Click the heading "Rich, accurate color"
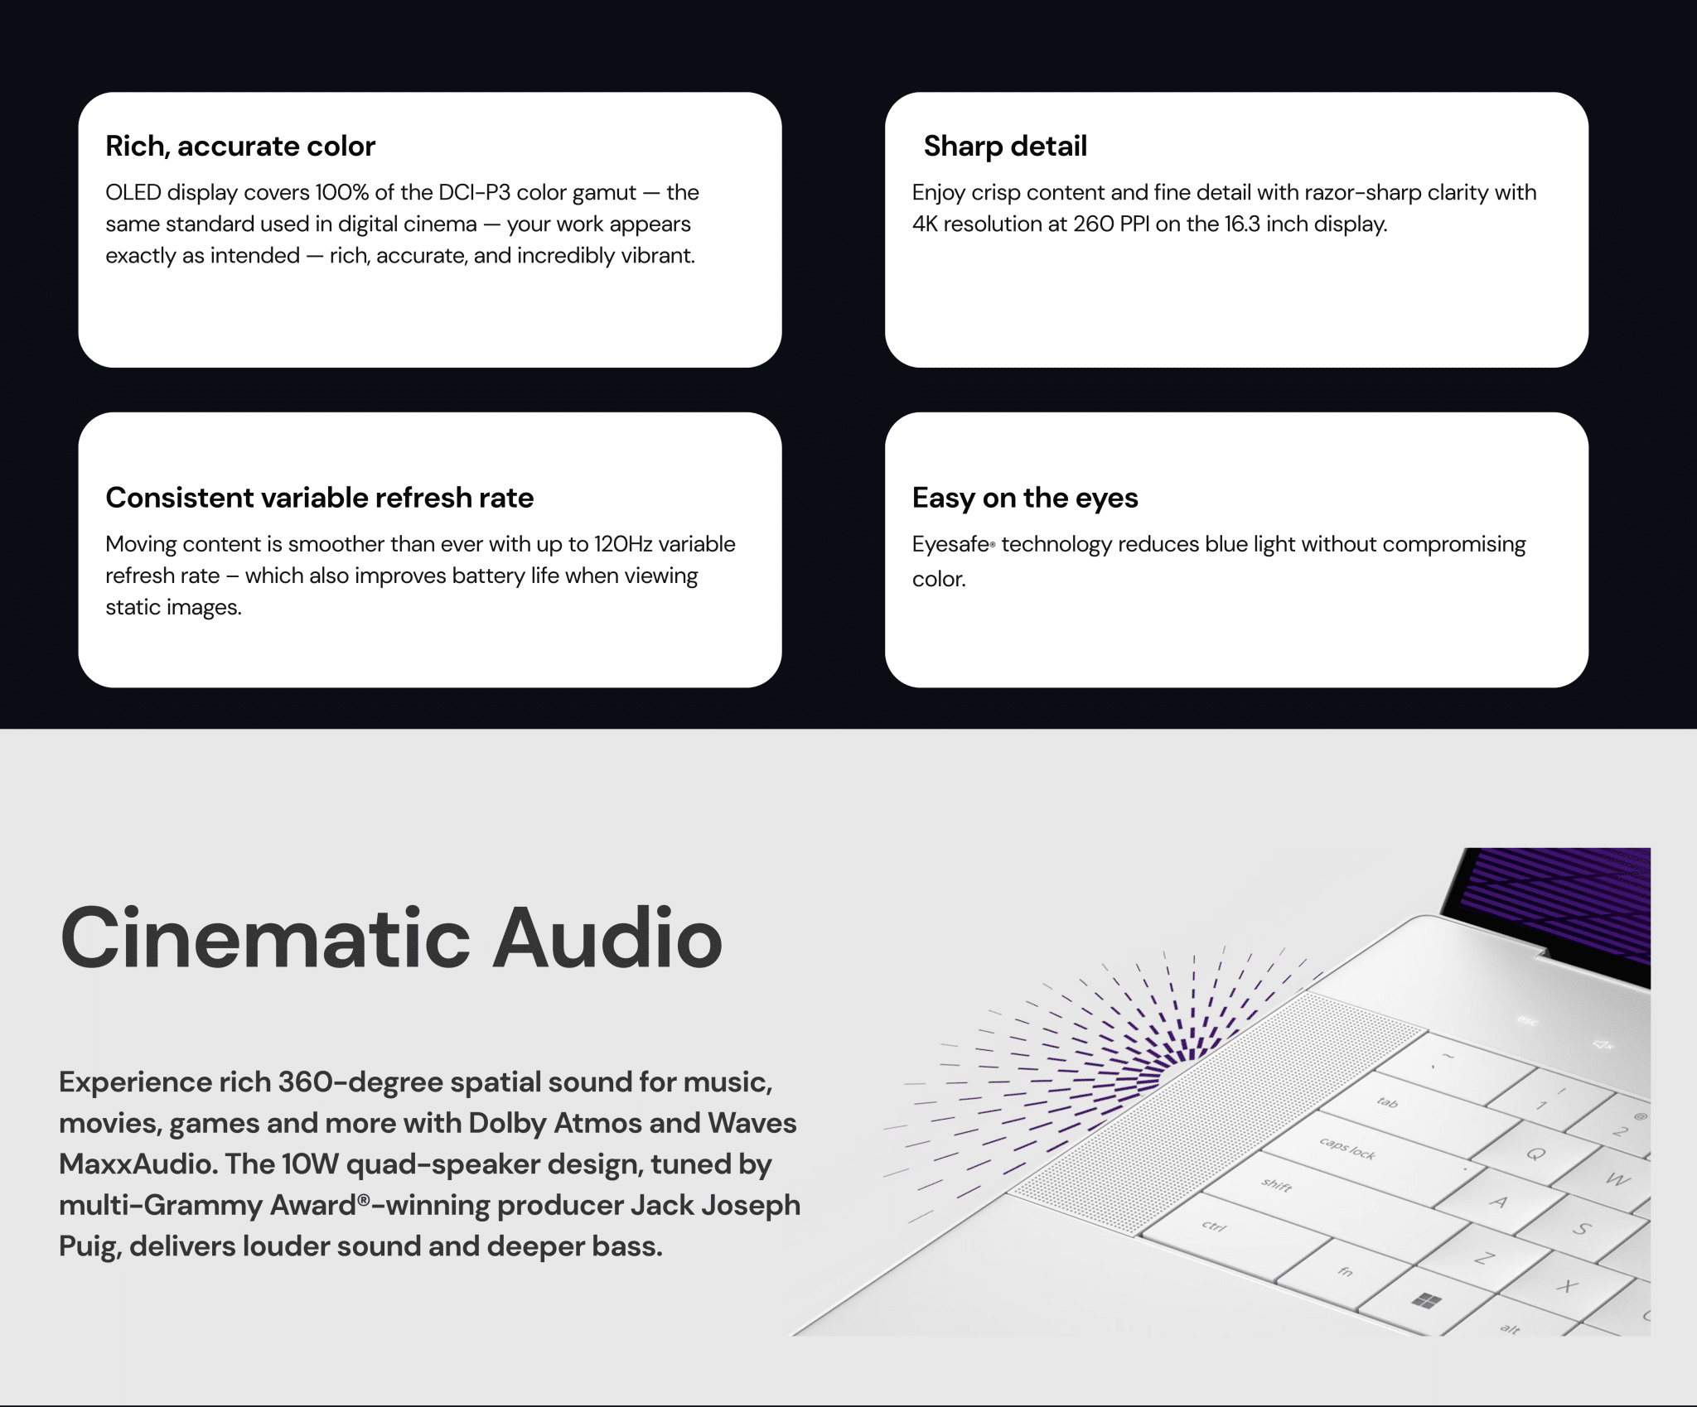(x=240, y=147)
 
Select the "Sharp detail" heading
(x=1005, y=147)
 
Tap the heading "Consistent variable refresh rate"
(x=320, y=498)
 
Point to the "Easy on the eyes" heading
(x=1025, y=499)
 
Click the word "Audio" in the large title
(x=608, y=938)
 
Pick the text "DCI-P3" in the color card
(x=475, y=193)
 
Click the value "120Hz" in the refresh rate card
(x=623, y=544)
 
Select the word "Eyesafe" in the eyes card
(x=950, y=545)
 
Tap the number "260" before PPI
(x=1094, y=224)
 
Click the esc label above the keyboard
(x=1527, y=1020)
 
